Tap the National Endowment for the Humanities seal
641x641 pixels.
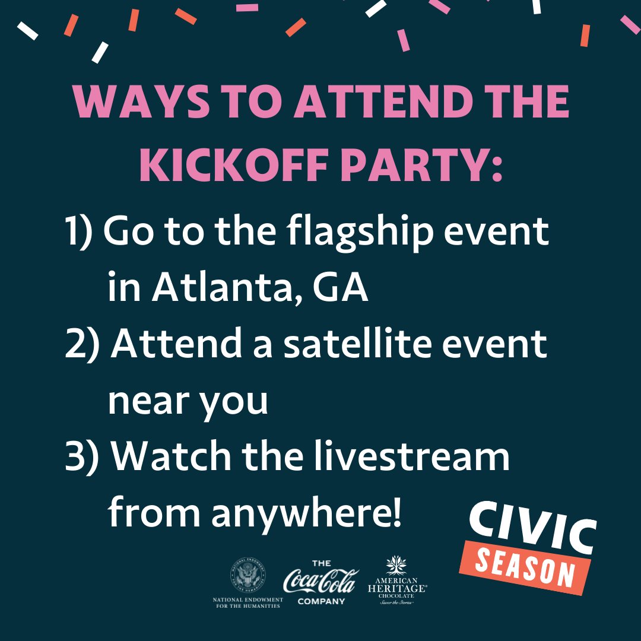[247, 575]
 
